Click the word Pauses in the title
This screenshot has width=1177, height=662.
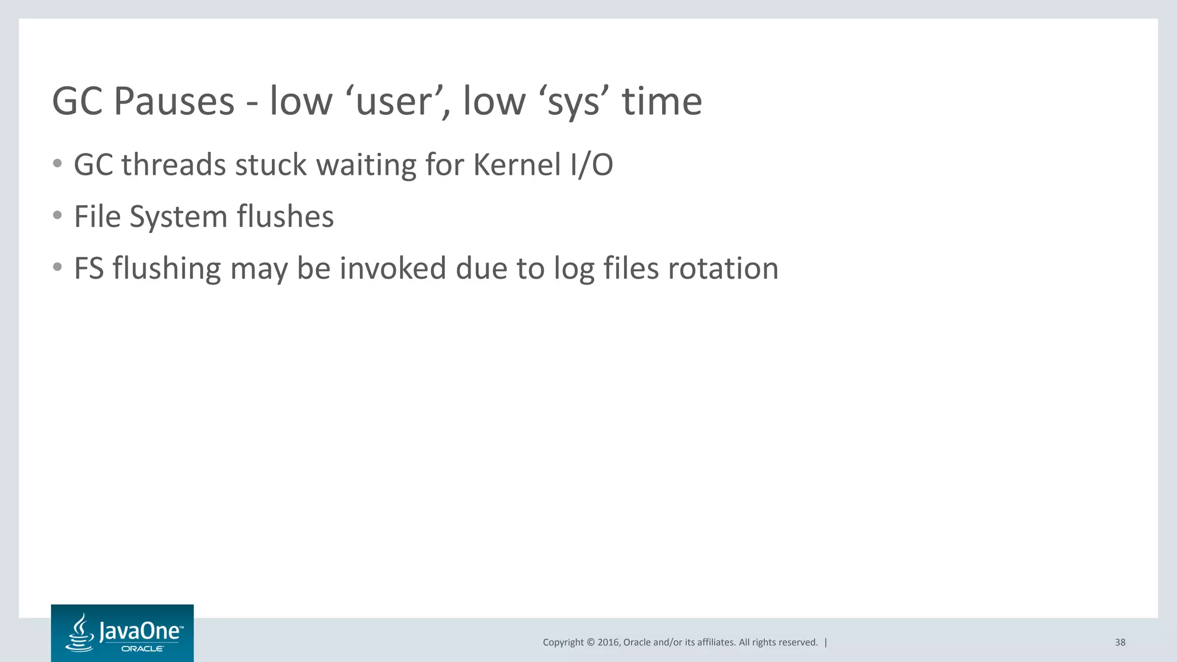tap(174, 102)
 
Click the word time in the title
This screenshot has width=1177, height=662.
tap(662, 102)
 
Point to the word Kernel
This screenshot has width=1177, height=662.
tap(517, 165)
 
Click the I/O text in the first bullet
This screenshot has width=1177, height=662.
tap(592, 165)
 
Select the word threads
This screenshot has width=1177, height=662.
tap(174, 165)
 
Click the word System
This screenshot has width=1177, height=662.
tap(179, 217)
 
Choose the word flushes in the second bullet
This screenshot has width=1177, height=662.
tap(285, 217)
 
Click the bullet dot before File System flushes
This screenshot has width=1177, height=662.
tap(57, 215)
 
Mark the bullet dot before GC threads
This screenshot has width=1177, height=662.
tap(57, 164)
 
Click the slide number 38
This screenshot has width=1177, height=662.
tap(1120, 642)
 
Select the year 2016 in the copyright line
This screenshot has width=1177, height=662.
tap(609, 642)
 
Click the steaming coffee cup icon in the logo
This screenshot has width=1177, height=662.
tap(80, 633)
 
